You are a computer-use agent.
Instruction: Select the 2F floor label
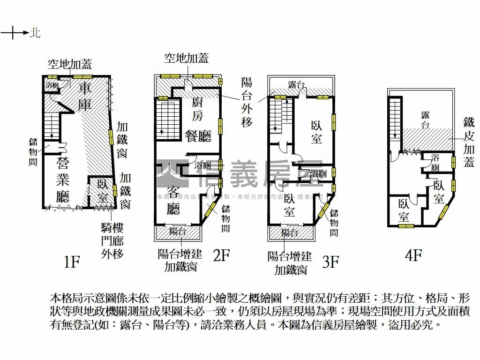pyautogui.click(x=221, y=255)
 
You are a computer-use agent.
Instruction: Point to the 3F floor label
pyautogui.click(x=331, y=261)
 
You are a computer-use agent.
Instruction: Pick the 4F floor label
pyautogui.click(x=414, y=255)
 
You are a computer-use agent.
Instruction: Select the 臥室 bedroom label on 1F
pyautogui.click(x=103, y=190)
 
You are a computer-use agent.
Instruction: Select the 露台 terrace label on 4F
pyautogui.click(x=426, y=119)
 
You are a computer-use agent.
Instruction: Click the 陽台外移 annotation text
pyautogui.click(x=247, y=102)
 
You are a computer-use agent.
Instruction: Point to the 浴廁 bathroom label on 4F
pyautogui.click(x=435, y=163)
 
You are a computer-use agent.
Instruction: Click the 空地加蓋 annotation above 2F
pyautogui.click(x=186, y=58)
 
